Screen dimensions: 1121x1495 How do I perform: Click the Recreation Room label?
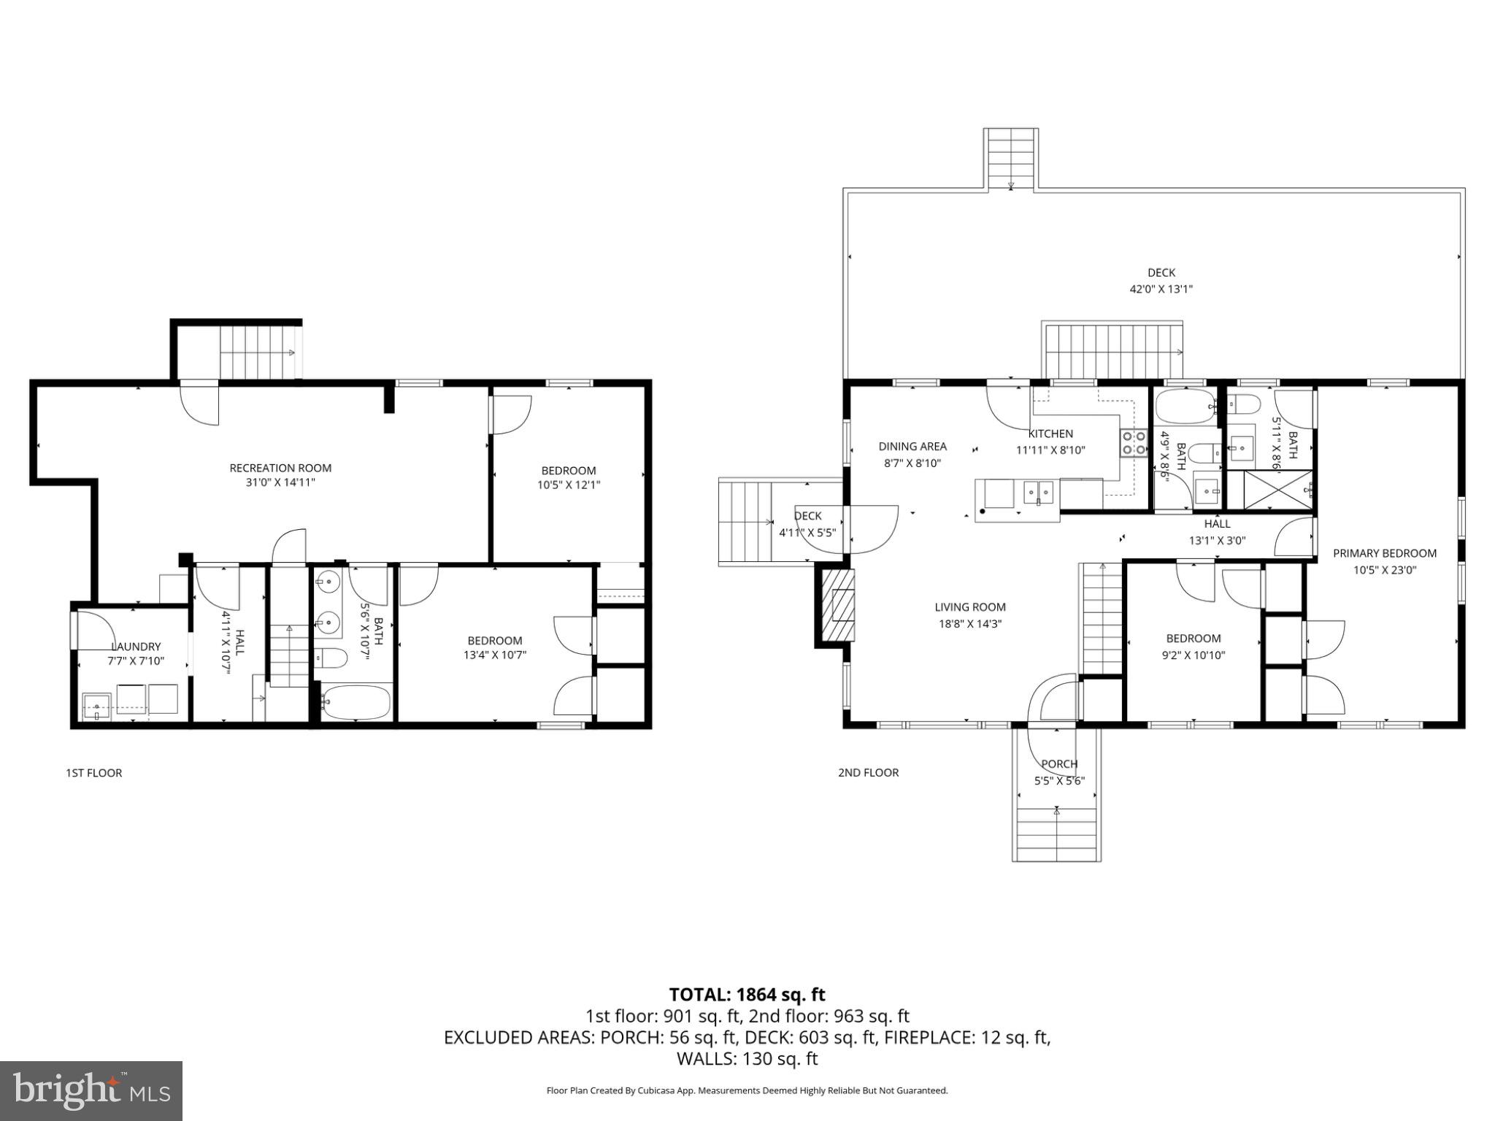[280, 468]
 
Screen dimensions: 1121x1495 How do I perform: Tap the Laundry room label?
[136, 647]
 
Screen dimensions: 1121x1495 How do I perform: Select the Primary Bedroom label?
[1384, 553]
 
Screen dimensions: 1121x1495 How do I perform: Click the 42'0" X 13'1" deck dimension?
[1161, 289]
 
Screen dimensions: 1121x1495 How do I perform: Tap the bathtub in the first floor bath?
[356, 702]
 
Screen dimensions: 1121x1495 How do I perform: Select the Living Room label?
[969, 607]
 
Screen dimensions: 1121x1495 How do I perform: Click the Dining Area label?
[912, 447]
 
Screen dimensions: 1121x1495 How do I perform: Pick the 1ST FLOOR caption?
[93, 773]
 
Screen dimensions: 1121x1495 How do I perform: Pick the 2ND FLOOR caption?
[868, 772]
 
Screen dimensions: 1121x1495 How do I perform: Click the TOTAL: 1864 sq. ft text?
[747, 995]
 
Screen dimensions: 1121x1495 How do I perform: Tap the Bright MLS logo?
[91, 1090]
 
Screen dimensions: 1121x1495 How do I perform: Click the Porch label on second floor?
[1058, 764]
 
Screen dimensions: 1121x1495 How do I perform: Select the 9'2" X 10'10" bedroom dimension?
[1193, 655]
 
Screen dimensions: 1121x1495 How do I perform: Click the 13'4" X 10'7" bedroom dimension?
[494, 655]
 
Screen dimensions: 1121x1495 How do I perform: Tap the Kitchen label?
[1050, 434]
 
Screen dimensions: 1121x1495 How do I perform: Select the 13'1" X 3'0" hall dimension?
[1217, 541]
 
